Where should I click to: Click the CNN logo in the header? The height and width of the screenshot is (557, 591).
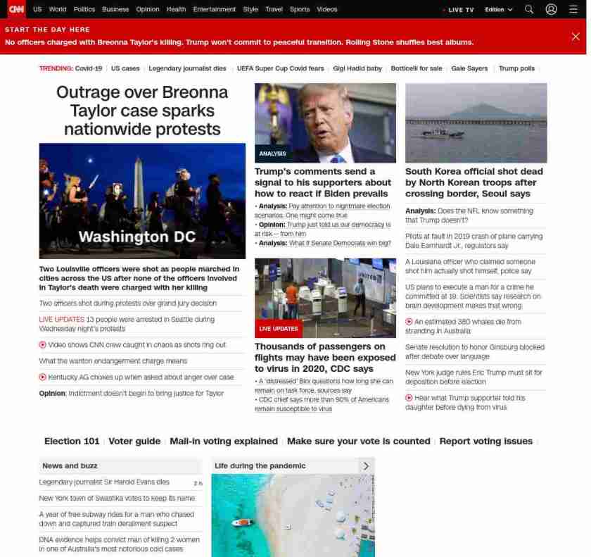coord(16,9)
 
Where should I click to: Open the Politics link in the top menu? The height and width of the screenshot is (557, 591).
coord(84,9)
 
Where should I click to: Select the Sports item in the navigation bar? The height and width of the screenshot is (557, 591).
coord(300,9)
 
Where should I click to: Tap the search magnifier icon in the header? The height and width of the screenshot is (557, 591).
coord(529,9)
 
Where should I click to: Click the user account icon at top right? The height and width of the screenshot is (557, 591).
coord(552,9)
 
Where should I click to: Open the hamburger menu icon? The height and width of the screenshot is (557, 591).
coord(573,9)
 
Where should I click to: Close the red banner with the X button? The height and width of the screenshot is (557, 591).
coord(576,37)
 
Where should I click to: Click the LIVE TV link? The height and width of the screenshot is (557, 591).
coord(460,10)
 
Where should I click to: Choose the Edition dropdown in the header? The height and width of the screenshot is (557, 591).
coord(498,10)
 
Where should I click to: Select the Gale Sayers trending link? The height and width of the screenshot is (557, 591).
coord(469,68)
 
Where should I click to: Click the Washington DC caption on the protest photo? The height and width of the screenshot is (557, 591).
coord(137,237)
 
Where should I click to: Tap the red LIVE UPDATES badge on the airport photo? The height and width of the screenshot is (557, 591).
coord(279,329)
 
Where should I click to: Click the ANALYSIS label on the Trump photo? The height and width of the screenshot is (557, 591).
coord(272,154)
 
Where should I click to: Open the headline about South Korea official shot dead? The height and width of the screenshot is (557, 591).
coord(474,182)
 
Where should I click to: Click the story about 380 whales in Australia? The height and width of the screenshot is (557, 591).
coord(467,326)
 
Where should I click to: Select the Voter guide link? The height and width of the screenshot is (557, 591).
coord(134,442)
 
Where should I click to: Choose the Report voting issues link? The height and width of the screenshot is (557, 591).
coord(485,442)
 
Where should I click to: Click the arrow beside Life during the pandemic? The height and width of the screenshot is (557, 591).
coord(366,465)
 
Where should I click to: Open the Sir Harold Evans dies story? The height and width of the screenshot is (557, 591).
coord(104,482)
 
